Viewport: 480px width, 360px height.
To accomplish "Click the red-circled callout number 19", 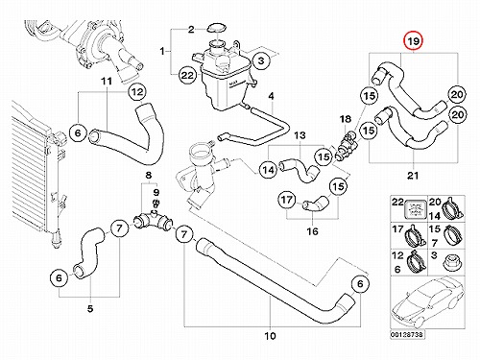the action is [x=413, y=41].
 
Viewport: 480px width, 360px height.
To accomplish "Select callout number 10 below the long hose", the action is [x=270, y=336].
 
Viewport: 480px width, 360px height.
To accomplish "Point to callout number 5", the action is [x=90, y=309].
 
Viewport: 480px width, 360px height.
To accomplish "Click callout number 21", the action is [x=413, y=176].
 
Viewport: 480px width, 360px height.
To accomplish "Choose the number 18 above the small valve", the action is [x=346, y=119].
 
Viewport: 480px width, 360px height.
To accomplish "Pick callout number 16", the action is [x=312, y=231].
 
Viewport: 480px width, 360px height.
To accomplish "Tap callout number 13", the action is [x=300, y=135].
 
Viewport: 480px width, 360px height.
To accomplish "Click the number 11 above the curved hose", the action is [x=107, y=82].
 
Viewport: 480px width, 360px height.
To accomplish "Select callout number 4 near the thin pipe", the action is [x=271, y=96].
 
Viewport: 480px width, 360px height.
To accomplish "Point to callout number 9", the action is [x=156, y=192].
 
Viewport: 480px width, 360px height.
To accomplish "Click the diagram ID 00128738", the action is [x=407, y=334].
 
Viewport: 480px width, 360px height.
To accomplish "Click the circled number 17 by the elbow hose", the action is [x=286, y=200].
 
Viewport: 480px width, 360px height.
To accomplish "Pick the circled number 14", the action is [x=269, y=170].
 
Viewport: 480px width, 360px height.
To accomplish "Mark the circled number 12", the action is [x=137, y=92].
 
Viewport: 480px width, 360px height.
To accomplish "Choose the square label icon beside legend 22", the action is [x=416, y=208].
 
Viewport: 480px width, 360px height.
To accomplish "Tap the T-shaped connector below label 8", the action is [x=153, y=221].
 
